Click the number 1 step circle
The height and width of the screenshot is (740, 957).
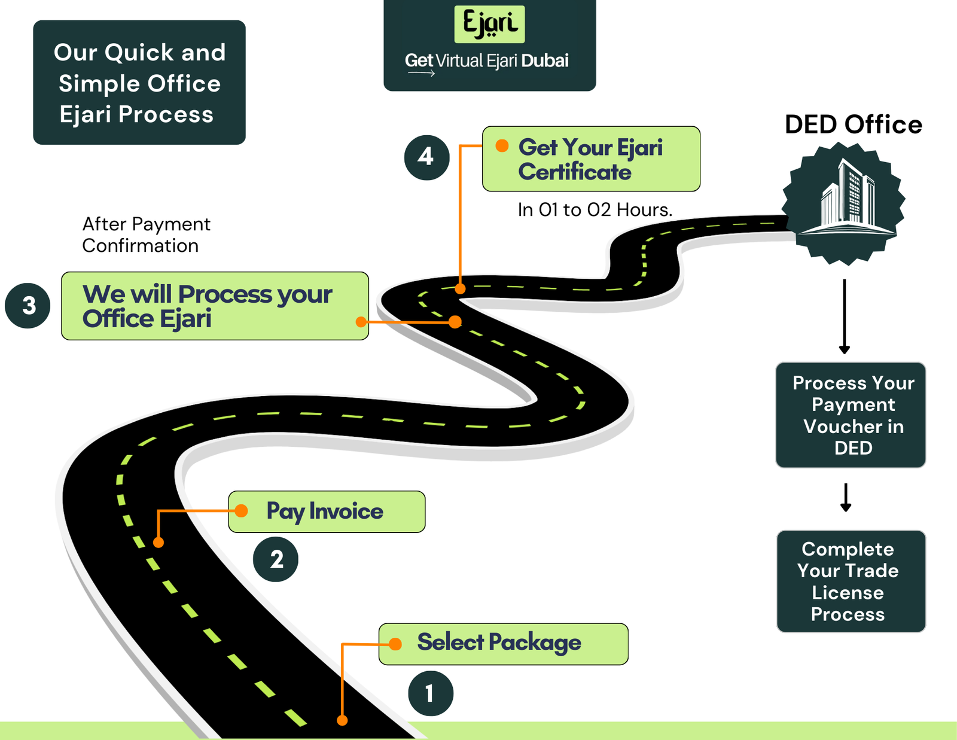point(431,693)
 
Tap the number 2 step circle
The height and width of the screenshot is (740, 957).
point(276,559)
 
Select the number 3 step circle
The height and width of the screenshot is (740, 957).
point(28,306)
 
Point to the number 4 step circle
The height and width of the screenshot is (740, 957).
point(426,157)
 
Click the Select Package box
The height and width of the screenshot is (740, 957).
point(503,644)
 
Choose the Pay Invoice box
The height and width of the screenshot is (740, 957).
point(327,512)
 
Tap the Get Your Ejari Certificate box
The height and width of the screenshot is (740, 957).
point(591,159)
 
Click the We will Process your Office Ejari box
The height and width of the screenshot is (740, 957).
point(215,306)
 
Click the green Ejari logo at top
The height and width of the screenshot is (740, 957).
point(489,24)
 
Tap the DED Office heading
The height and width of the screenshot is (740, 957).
point(853,125)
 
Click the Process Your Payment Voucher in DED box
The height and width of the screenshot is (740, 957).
point(850,415)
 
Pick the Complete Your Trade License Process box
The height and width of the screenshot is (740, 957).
point(851,581)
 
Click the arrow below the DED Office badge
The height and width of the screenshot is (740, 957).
point(844,316)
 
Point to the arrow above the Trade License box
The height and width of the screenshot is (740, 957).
point(845,498)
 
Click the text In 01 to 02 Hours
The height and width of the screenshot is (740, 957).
point(595,210)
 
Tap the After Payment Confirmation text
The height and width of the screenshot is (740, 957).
point(146,235)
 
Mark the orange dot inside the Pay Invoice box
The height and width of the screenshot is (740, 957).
point(241,511)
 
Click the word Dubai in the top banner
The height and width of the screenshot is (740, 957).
point(544,61)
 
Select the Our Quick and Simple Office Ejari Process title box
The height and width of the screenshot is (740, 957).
point(139,83)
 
